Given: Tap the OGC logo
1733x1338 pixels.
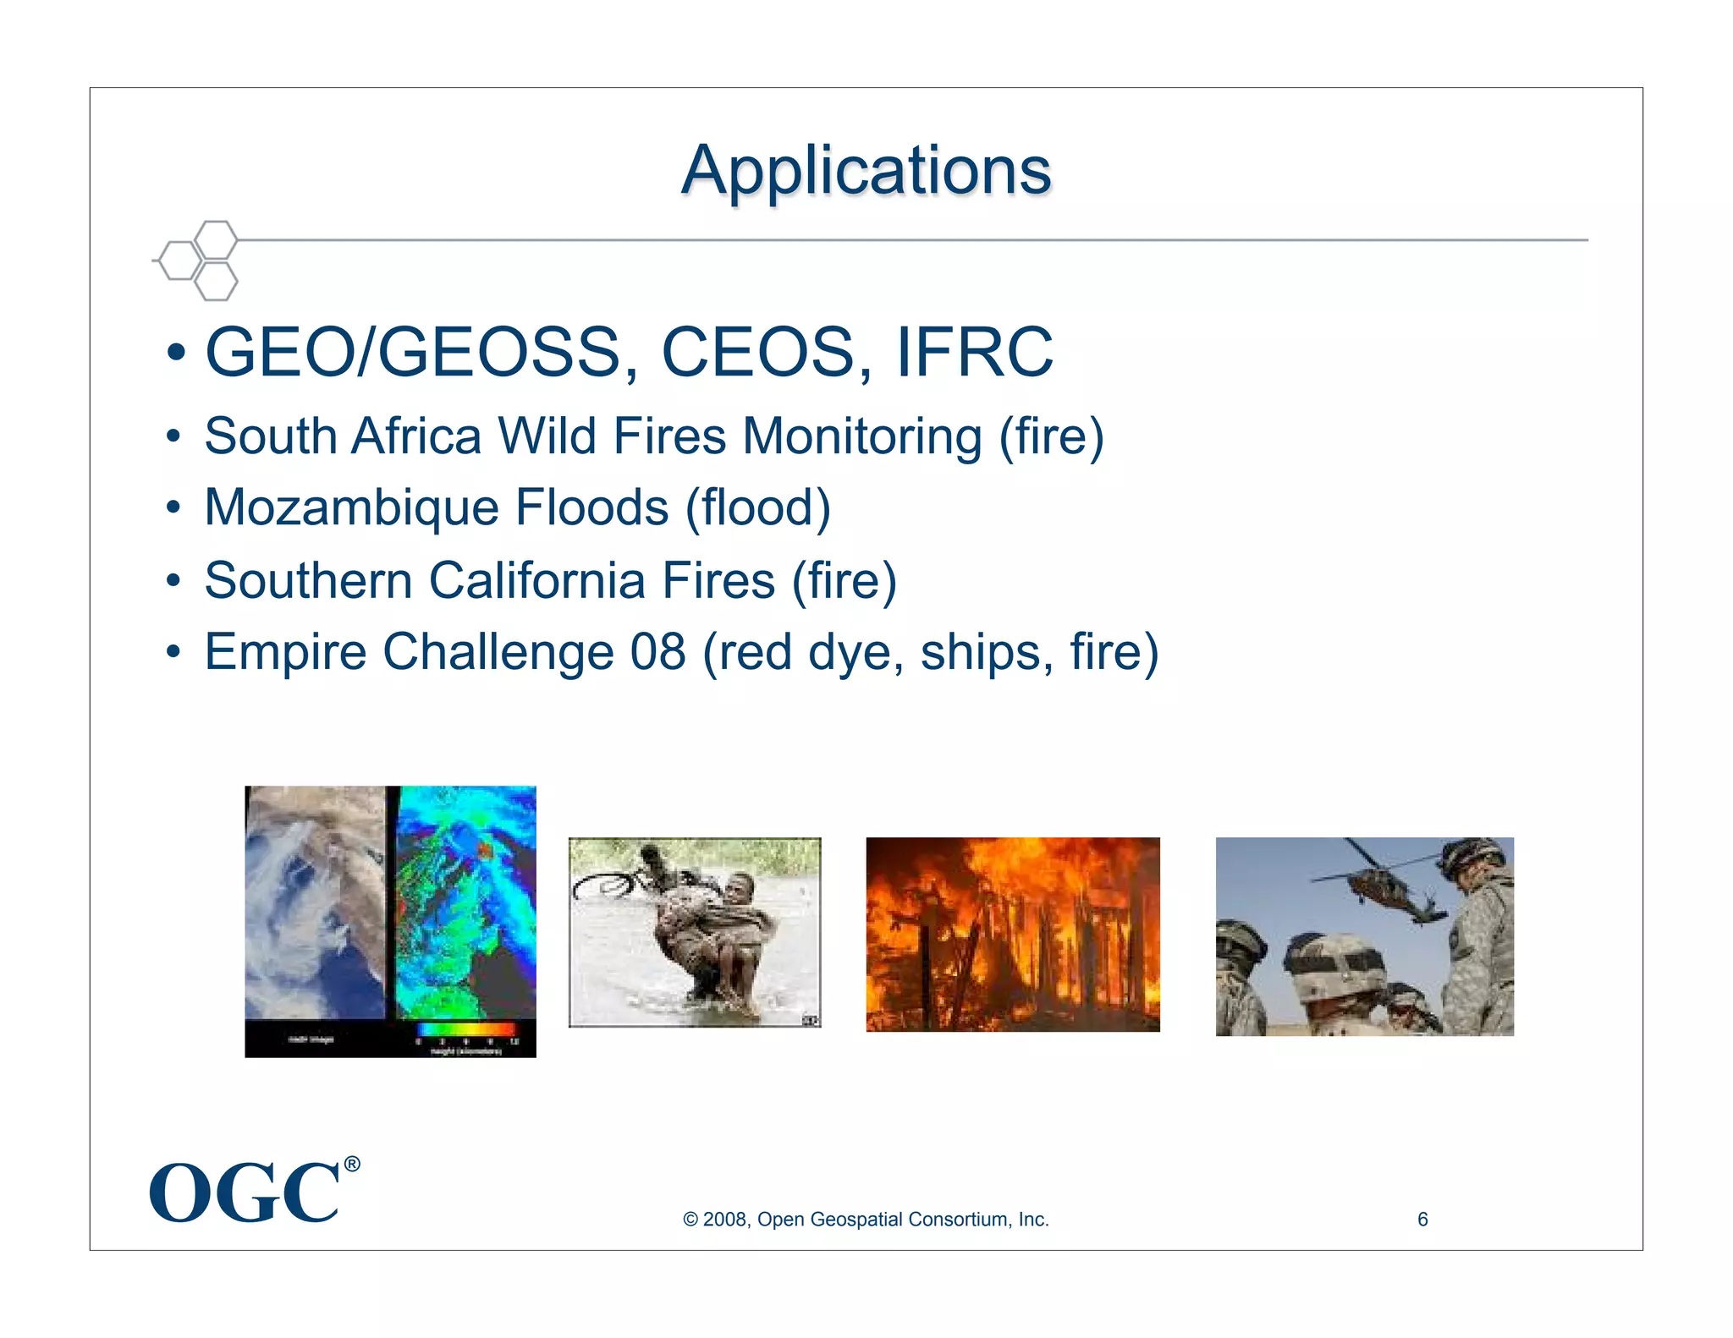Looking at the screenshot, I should click(x=245, y=1193).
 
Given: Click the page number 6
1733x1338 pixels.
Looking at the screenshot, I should click(x=1422, y=1219).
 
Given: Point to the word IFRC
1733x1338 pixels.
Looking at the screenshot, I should click(x=974, y=352).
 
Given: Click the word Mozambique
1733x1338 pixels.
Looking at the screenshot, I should click(x=351, y=507).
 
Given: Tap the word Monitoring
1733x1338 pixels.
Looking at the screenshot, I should click(x=862, y=436).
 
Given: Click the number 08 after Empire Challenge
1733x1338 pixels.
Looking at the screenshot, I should click(x=657, y=652).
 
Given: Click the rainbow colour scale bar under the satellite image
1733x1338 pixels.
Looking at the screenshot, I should click(x=466, y=1029).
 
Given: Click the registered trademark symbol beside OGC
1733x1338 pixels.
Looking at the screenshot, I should click(x=352, y=1165).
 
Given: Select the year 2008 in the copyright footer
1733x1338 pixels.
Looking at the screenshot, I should click(x=724, y=1220).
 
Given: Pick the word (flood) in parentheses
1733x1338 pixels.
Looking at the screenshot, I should click(x=758, y=507).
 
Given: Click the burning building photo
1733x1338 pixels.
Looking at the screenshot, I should click(x=1012, y=934).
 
